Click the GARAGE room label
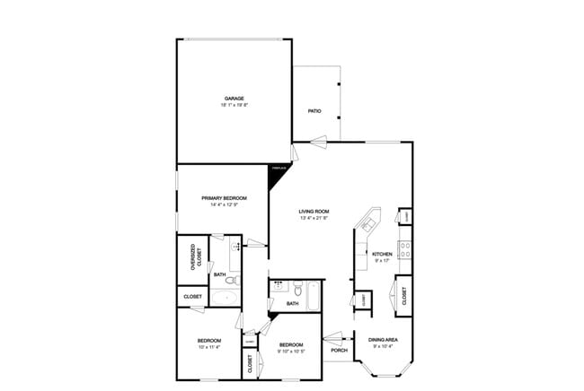pyautogui.click(x=234, y=99)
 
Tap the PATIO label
pyautogui.click(x=314, y=111)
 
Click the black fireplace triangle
pyautogui.click(x=279, y=171)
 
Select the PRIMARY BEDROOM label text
pyautogui.click(x=224, y=198)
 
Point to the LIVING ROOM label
pyautogui.click(x=314, y=212)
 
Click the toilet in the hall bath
pyautogui.click(x=296, y=290)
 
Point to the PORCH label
pyautogui.click(x=339, y=350)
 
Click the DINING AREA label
pyautogui.click(x=385, y=339)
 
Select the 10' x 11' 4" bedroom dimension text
pyautogui.click(x=209, y=348)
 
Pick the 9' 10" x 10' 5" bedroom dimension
pyautogui.click(x=290, y=351)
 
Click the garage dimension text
pyautogui.click(x=234, y=106)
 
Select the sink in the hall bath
pyautogui.click(x=279, y=288)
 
